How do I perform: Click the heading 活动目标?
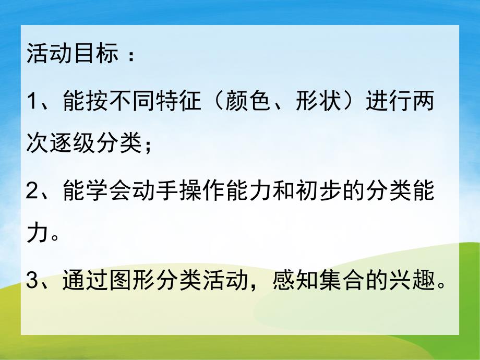73,54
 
